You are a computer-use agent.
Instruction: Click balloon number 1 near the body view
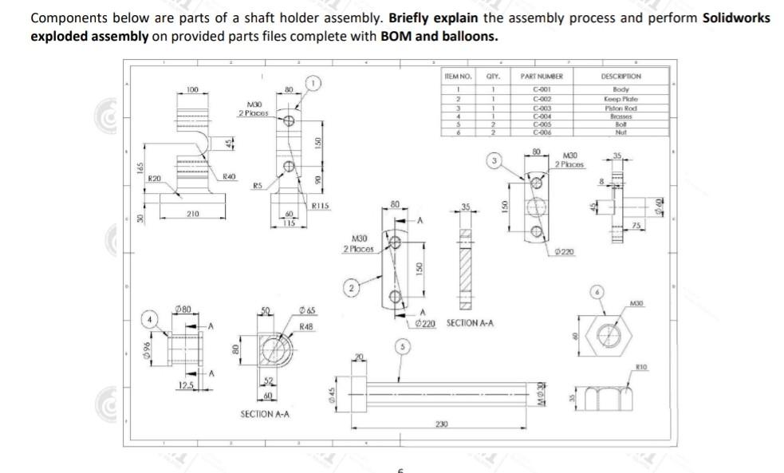315,82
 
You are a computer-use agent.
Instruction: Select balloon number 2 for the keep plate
348,286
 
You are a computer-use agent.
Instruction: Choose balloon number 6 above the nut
595,292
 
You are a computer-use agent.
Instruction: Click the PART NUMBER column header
542,76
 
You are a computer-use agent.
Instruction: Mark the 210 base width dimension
192,213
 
